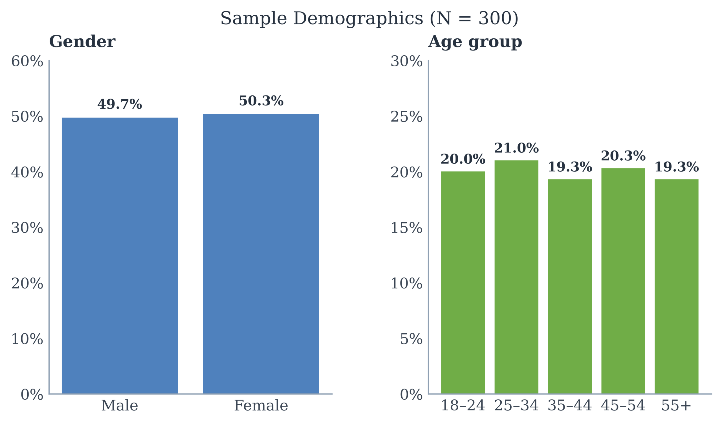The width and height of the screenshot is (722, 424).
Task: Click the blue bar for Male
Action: [120, 256]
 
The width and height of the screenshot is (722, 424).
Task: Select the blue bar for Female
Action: [261, 254]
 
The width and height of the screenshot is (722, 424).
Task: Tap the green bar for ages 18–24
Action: [463, 283]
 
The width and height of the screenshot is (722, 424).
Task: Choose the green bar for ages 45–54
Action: [623, 281]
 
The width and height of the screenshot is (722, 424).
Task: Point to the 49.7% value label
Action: [120, 104]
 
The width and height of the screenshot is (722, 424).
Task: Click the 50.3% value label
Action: [261, 101]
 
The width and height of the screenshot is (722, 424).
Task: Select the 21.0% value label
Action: [516, 148]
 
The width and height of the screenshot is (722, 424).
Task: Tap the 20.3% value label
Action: [623, 156]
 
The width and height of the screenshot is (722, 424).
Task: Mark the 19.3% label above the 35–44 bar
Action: [570, 167]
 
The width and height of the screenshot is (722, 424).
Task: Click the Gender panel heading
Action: [82, 41]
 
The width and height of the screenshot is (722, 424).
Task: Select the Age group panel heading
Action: [475, 42]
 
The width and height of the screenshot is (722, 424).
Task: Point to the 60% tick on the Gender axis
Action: [27, 61]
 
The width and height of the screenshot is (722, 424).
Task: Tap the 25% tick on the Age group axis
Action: [407, 117]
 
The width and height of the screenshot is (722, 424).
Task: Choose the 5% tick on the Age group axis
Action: [411, 339]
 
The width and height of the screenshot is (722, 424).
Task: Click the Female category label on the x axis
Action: [261, 406]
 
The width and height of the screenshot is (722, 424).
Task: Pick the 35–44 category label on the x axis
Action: [570, 406]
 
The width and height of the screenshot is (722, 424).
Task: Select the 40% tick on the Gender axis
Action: [27, 172]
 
